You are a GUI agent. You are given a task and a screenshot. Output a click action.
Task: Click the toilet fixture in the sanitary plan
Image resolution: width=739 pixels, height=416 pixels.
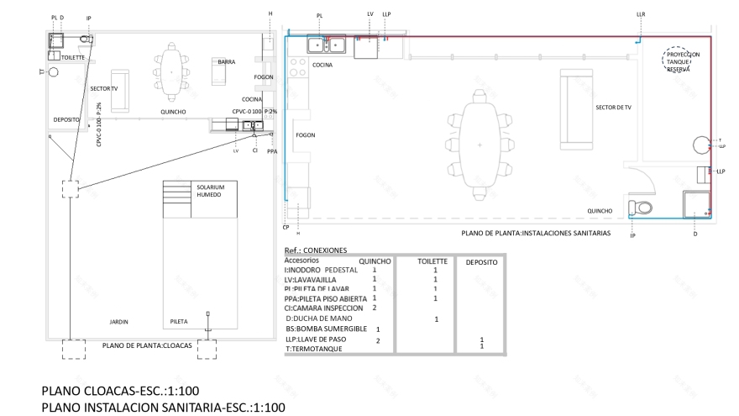pos(642,208)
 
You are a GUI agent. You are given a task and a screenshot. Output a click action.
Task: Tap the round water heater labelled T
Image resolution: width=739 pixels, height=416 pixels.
pos(702,146)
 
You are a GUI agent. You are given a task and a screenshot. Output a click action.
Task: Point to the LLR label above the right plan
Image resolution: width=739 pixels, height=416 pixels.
pos(641,14)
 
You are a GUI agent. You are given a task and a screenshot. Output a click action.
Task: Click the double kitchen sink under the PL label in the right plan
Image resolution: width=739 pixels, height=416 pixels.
pos(328,45)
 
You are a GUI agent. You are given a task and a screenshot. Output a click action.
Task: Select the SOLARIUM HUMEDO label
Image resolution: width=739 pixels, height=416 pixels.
pos(210,191)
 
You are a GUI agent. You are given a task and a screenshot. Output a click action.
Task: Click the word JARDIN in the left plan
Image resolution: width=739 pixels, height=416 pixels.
pos(119,322)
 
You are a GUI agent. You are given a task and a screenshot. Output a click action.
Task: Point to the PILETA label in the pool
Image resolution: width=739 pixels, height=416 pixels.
pos(179,322)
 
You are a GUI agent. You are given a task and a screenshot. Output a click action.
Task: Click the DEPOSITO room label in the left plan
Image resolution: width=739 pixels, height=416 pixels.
pos(66,120)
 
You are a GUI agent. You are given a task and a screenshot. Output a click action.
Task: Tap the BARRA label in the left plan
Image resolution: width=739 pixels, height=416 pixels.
pos(226,62)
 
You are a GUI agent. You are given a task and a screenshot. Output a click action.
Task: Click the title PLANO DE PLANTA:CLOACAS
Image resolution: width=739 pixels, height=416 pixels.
pos(147,345)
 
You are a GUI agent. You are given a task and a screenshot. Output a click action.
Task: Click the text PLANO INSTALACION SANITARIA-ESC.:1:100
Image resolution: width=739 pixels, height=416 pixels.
pos(163,408)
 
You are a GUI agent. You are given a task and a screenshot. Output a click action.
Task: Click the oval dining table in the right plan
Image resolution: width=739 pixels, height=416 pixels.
pos(480,145)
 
